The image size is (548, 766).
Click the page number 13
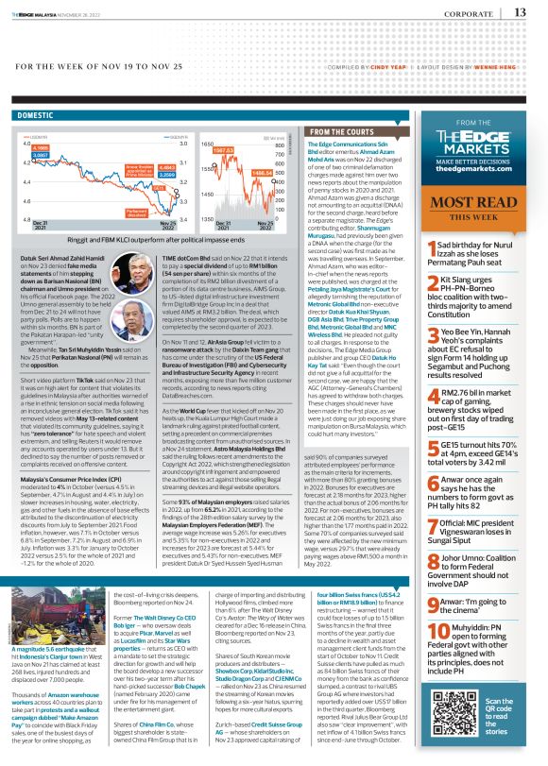(521, 12)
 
